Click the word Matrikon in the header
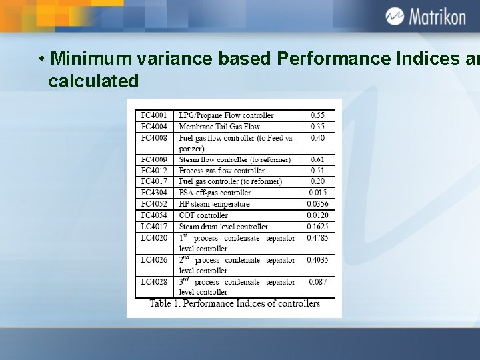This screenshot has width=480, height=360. tap(437, 17)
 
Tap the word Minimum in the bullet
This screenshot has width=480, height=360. tap(84, 59)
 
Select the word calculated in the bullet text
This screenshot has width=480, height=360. tap(93, 81)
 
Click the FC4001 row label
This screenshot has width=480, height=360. tap(154, 115)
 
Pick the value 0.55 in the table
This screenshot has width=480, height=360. tap(317, 115)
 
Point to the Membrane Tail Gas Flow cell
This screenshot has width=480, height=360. tap(219, 127)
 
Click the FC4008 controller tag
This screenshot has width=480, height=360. tap(154, 138)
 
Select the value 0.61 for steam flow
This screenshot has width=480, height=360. tap(317, 160)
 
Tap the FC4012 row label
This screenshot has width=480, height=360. tap(154, 171)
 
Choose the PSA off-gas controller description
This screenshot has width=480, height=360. tap(215, 193)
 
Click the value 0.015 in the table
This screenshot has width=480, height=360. tap(317, 193)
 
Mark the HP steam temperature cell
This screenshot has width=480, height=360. tap(214, 204)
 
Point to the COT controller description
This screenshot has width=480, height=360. tap(203, 215)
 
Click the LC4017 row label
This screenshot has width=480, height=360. tap(154, 227)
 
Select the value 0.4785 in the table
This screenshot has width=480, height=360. tap(317, 237)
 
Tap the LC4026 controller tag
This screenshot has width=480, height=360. tap(154, 260)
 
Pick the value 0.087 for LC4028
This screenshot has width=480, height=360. tap(317, 282)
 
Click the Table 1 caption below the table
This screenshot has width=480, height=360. tap(235, 304)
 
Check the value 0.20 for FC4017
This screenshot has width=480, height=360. tap(317, 181)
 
